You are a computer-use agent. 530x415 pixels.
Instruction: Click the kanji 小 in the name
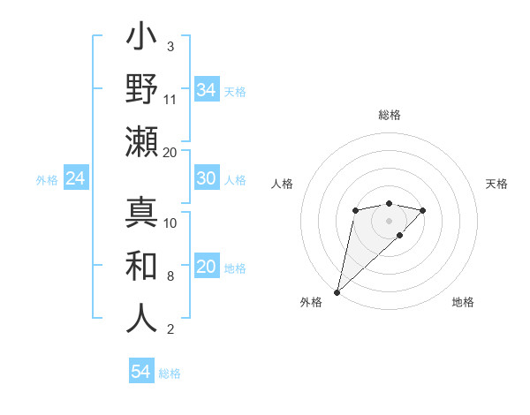pyautogui.click(x=142, y=40)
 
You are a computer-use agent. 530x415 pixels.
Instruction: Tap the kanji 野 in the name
pyautogui.click(x=142, y=90)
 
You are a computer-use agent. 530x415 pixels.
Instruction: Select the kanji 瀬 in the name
pyautogui.click(x=142, y=141)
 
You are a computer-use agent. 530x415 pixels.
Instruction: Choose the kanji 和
pyautogui.click(x=142, y=265)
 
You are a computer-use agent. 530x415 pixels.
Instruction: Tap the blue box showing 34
pyautogui.click(x=207, y=90)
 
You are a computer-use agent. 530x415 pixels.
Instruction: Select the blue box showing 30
pyautogui.click(x=207, y=178)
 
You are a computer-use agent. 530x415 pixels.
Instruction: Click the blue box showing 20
pyautogui.click(x=207, y=268)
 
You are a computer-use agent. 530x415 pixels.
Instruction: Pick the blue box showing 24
pyautogui.click(x=76, y=179)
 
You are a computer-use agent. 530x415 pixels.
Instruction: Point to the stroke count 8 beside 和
pyautogui.click(x=170, y=276)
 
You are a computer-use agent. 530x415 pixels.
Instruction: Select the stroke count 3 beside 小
pyautogui.click(x=170, y=46)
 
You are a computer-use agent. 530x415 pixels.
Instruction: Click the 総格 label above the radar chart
pyautogui.click(x=390, y=115)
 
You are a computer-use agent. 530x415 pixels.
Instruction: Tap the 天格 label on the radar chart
pyautogui.click(x=497, y=184)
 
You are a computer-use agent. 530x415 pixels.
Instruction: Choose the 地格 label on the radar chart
pyautogui.click(x=463, y=303)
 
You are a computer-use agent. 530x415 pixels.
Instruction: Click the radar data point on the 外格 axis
pyautogui.click(x=337, y=291)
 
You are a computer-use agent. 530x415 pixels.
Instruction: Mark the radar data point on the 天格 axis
pyautogui.click(x=423, y=210)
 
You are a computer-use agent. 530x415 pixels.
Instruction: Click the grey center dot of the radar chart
pyautogui.click(x=390, y=221)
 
